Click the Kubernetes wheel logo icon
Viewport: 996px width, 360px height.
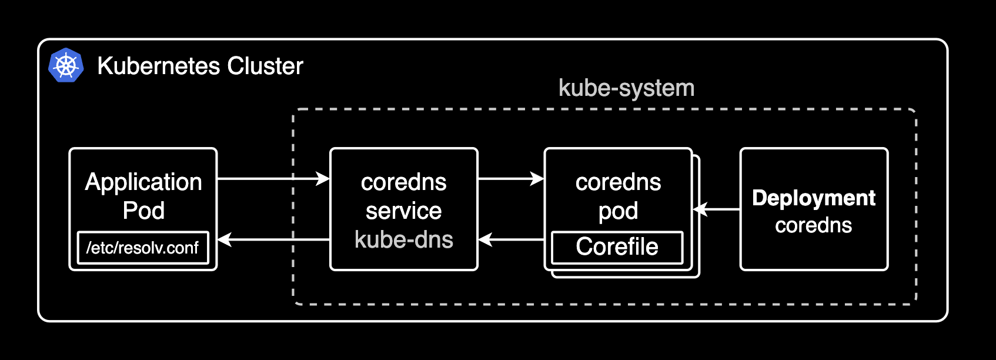66,65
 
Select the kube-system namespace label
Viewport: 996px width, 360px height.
626,88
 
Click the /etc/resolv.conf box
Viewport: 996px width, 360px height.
143,248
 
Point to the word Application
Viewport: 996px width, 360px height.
143,182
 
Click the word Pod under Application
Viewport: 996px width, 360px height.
143,211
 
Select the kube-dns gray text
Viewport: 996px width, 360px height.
404,239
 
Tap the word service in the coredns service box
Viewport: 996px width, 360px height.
404,211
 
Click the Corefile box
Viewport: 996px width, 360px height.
617,247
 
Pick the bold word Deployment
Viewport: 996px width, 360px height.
814,198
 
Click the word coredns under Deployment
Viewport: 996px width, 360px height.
814,225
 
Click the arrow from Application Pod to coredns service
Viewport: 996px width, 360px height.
273,178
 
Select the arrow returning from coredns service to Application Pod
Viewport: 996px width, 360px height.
273,239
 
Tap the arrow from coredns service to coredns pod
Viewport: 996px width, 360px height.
511,178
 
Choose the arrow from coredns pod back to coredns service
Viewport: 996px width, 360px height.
511,239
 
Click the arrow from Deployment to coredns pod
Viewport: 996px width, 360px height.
717,209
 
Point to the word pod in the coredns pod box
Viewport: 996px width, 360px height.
618,211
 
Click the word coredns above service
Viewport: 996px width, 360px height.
404,182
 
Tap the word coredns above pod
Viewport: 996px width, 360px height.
618,182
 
